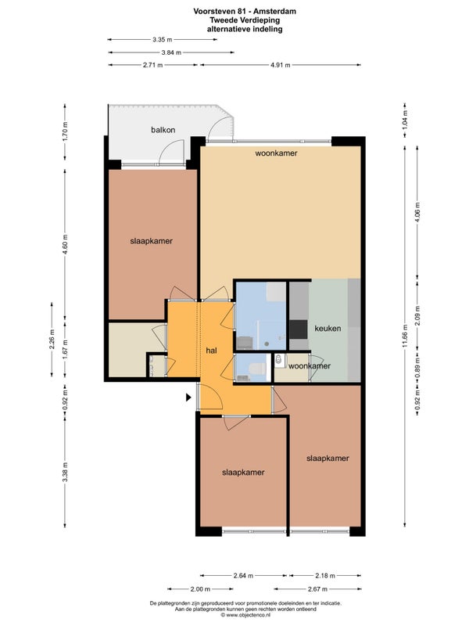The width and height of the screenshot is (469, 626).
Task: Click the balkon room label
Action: (163, 130)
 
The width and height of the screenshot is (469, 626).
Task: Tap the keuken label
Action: (328, 329)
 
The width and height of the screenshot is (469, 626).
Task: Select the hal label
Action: (211, 351)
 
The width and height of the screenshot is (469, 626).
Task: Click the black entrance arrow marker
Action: (188, 398)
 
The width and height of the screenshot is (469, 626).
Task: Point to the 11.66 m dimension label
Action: (405, 336)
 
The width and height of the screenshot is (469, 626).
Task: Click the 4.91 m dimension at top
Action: (281, 65)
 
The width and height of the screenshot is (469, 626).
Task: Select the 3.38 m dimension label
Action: (65, 472)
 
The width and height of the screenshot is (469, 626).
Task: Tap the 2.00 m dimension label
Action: (200, 589)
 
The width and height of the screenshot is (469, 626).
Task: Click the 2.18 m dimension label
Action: (325, 576)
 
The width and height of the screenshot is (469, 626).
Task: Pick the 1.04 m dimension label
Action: (405, 118)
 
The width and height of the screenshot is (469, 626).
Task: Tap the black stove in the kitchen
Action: (299, 329)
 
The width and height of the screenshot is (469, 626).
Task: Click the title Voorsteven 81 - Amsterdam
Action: (245, 11)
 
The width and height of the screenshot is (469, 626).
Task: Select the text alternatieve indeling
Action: (245, 29)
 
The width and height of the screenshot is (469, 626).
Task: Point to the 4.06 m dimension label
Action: (417, 214)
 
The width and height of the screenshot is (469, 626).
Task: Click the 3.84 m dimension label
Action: (171, 52)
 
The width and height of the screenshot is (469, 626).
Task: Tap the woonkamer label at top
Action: (277, 153)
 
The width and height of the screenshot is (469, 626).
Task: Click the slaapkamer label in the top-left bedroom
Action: (151, 241)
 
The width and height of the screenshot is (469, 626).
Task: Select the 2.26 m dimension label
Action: (52, 340)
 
